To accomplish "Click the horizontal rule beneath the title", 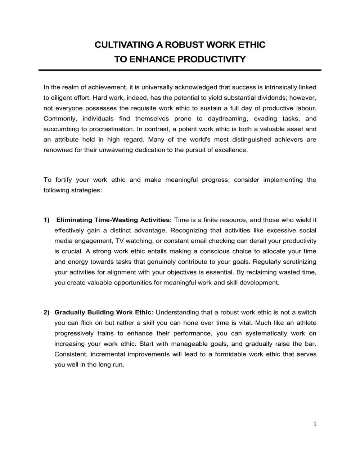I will [180, 70].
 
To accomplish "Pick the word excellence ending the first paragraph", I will [231, 150].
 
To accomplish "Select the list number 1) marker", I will [46, 220].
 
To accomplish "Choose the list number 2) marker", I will [46, 312].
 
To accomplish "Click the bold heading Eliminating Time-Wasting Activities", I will [114, 220].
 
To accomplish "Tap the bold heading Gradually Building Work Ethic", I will [104, 312].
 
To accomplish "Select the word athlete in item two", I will [306, 323].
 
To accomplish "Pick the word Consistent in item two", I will [71, 354].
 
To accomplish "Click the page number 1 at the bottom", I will [315, 424].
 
